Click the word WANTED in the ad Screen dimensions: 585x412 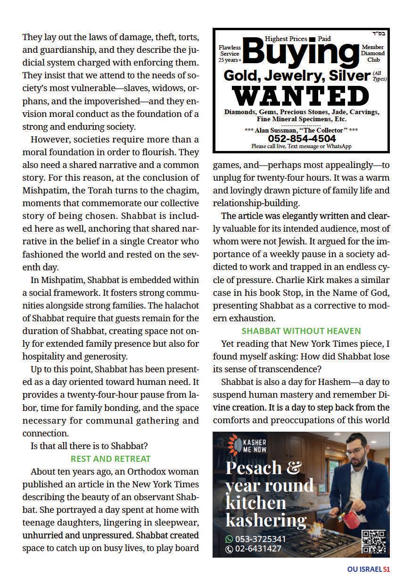click(301, 95)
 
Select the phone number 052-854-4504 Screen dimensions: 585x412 click(302, 139)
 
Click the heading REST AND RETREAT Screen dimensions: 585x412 click(111, 459)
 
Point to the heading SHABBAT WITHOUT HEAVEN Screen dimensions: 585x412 click(301, 331)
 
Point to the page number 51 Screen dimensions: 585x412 click(387, 569)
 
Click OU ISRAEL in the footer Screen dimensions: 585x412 click(364, 569)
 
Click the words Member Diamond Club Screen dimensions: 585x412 click(373, 54)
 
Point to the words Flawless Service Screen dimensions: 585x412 click(230, 51)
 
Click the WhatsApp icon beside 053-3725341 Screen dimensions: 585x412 click(230, 539)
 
